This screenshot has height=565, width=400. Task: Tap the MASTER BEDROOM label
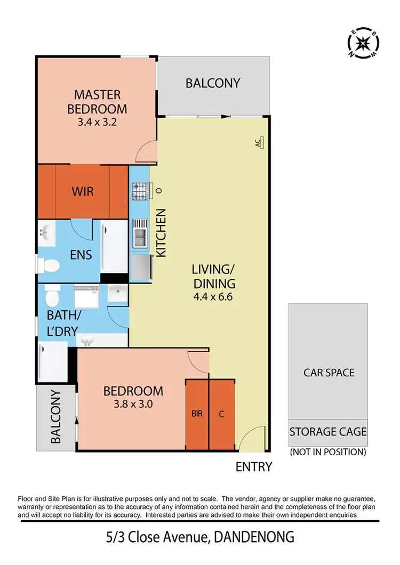(x=98, y=102)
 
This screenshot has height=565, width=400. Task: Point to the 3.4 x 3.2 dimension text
(x=98, y=121)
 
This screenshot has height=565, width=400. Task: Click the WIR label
(x=83, y=190)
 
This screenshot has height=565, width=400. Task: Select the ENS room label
(x=81, y=254)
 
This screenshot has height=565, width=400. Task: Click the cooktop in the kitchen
(x=139, y=190)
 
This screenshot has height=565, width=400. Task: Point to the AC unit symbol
(x=261, y=143)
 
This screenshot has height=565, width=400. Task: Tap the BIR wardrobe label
(x=197, y=414)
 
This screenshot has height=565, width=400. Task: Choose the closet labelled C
(x=221, y=414)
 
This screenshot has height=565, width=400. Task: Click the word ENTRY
(x=254, y=467)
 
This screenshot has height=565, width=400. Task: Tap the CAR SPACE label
(x=329, y=372)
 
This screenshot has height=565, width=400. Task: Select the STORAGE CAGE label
(x=328, y=431)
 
